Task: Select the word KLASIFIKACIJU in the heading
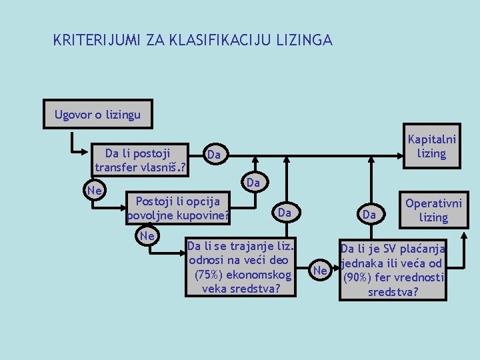coord(218,41)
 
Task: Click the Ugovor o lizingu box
coord(97,115)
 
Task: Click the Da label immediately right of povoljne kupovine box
coord(285,213)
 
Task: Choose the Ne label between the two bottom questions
coord(320,270)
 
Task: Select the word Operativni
coord(433,204)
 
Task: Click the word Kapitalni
coord(431,140)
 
